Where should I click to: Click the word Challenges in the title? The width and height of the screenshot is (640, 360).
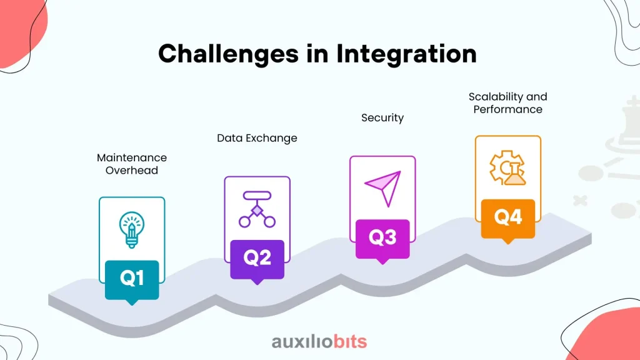pyautogui.click(x=229, y=54)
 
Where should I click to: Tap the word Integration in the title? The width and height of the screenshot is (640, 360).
pyautogui.click(x=406, y=54)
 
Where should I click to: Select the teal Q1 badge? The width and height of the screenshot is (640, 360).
pyautogui.click(x=132, y=280)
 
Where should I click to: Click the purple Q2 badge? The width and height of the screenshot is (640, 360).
pyautogui.click(x=257, y=259)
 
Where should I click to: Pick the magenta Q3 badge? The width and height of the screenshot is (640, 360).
pyautogui.click(x=382, y=239)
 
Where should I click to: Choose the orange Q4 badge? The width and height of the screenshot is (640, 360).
pyautogui.click(x=507, y=219)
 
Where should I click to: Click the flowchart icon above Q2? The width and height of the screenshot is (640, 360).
pyautogui.click(x=257, y=209)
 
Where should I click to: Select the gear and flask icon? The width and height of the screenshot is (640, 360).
pyautogui.click(x=507, y=167)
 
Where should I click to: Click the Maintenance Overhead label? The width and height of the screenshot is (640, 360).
pyautogui.click(x=132, y=164)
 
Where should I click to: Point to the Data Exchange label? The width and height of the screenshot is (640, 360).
pyautogui.click(x=257, y=138)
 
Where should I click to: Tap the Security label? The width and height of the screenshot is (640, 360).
pyautogui.click(x=382, y=118)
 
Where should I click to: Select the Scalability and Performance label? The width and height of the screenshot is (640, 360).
pyautogui.click(x=507, y=103)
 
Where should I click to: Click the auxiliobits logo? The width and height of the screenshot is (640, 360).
pyautogui.click(x=319, y=342)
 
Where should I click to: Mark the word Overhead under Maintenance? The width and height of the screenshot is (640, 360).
pyautogui.click(x=132, y=170)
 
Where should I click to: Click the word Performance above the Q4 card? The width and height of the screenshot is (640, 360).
pyautogui.click(x=507, y=109)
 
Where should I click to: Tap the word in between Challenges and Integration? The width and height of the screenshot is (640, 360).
pyautogui.click(x=317, y=54)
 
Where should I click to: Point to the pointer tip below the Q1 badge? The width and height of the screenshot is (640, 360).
pyautogui.click(x=132, y=305)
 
